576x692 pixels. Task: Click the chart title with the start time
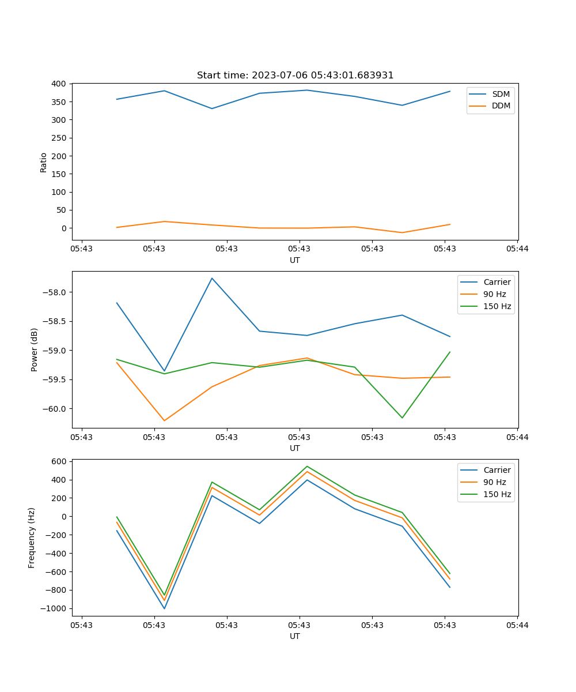click(295, 76)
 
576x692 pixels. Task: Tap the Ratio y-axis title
click(44, 162)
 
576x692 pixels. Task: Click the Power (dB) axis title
click(35, 349)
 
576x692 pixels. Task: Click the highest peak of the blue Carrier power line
click(212, 278)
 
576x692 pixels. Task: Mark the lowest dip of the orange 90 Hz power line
click(164, 420)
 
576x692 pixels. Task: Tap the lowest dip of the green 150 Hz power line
click(402, 418)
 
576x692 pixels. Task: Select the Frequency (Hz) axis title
click(32, 537)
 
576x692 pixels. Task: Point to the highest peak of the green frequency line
click(307, 466)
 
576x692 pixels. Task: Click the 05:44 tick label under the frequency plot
click(517, 625)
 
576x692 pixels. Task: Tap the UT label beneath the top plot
click(295, 260)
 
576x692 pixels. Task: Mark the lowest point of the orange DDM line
click(402, 232)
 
